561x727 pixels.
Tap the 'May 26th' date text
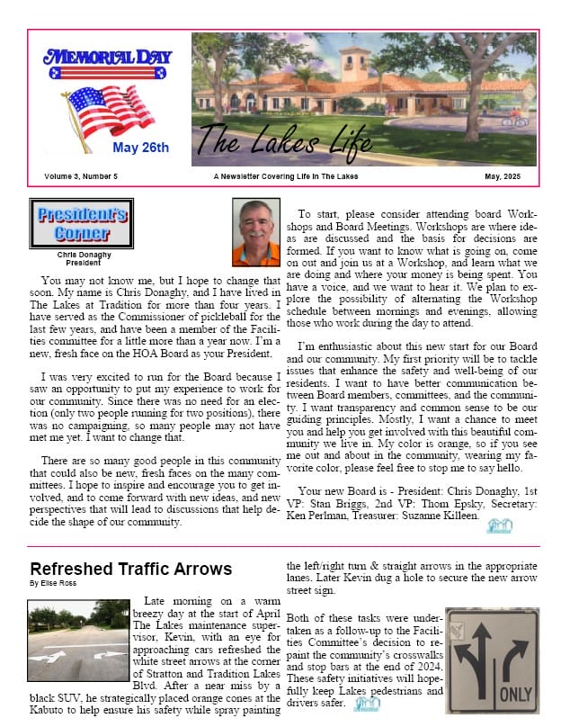click(140, 148)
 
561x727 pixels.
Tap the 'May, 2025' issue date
click(503, 175)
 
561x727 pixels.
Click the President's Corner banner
click(82, 223)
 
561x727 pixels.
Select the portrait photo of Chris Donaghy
click(256, 233)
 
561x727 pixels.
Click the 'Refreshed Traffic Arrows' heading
click(131, 569)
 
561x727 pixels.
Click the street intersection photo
click(79, 641)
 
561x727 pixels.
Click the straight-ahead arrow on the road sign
click(480, 652)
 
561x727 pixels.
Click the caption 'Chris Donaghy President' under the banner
click(82, 258)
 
